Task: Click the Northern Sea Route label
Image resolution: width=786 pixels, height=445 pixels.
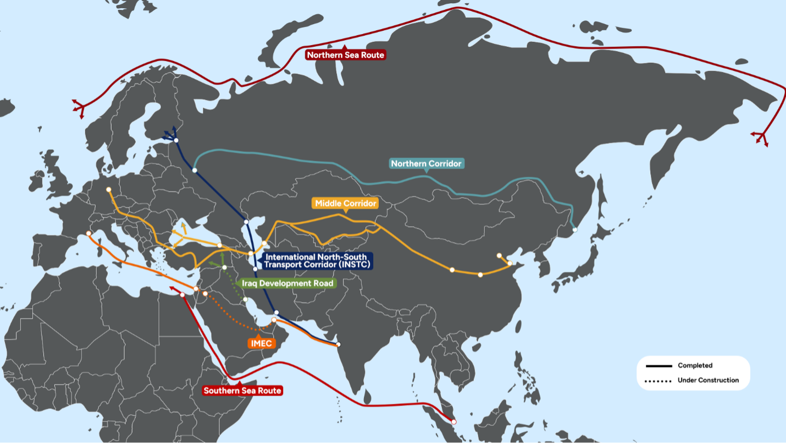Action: point(346,55)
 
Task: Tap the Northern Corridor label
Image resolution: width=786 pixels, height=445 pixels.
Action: point(427,163)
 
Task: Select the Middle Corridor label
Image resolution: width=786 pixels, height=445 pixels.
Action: point(346,204)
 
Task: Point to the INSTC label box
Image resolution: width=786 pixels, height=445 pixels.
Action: point(316,261)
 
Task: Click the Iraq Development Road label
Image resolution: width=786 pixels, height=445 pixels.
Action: point(287,283)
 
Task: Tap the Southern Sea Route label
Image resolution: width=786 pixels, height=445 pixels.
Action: point(242,391)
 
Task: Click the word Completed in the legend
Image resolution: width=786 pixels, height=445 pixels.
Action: point(695,365)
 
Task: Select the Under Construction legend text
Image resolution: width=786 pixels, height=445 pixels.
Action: point(708,380)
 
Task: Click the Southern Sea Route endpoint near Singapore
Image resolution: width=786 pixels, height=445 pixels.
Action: point(454,422)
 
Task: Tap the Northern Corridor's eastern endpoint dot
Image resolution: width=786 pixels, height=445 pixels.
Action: point(574,229)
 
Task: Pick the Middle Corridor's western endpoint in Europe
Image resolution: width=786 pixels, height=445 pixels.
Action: point(109,190)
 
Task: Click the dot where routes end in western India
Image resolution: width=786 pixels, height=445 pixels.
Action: point(338,344)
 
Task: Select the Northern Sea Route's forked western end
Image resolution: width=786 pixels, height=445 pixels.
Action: point(80,107)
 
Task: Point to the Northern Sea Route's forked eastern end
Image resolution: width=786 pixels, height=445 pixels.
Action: point(761,136)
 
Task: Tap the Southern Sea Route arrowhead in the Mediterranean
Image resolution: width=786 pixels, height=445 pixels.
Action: point(171,287)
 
